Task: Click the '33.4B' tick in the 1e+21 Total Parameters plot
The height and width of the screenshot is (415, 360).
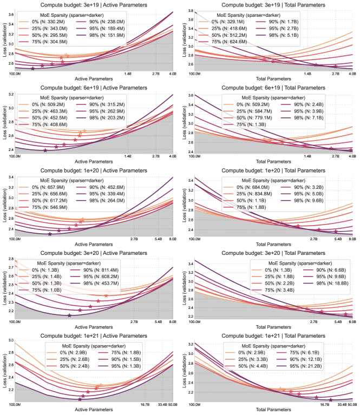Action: tap(336, 404)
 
